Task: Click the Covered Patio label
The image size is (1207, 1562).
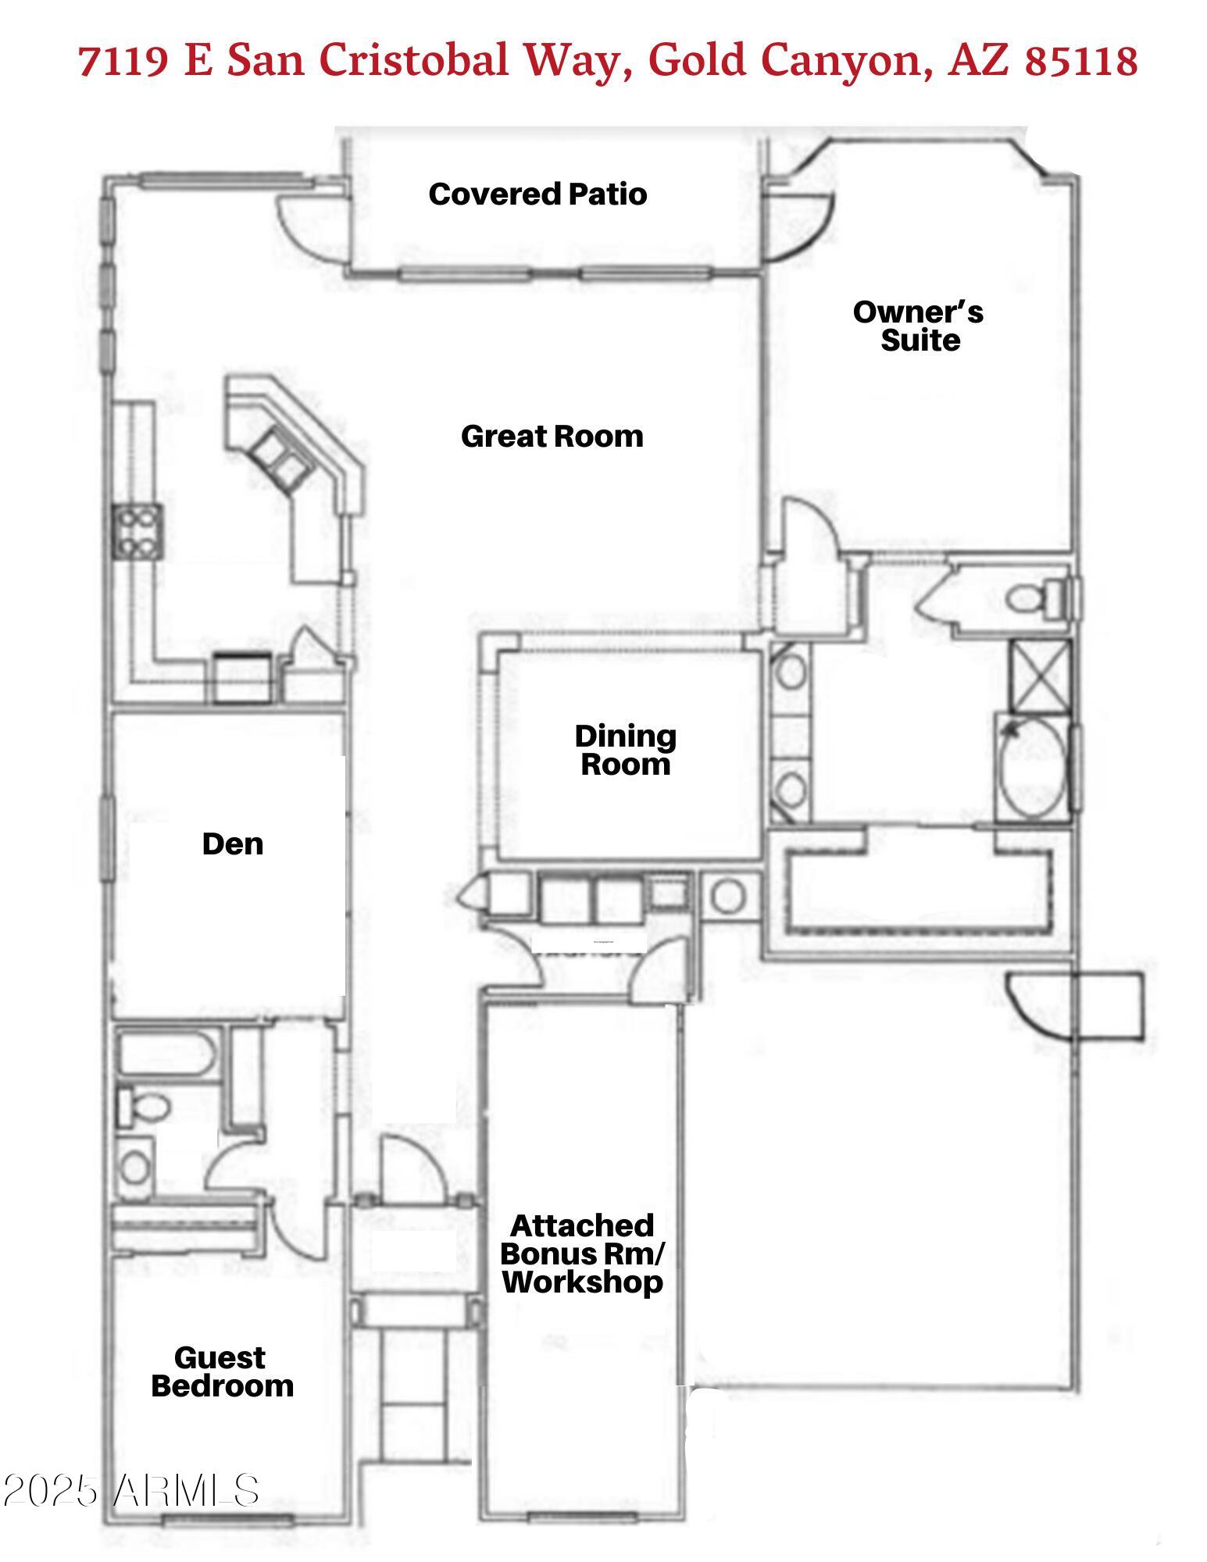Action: [537, 194]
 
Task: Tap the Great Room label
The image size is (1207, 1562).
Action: [552, 437]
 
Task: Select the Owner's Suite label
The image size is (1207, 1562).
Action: [919, 326]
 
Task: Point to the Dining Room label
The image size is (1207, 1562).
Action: [625, 750]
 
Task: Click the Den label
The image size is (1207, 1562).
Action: [232, 844]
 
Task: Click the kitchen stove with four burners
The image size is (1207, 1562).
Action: [137, 531]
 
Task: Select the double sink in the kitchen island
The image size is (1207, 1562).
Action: [277, 458]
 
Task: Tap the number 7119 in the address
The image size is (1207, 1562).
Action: [123, 61]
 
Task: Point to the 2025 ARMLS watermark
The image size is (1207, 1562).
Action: [130, 1490]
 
